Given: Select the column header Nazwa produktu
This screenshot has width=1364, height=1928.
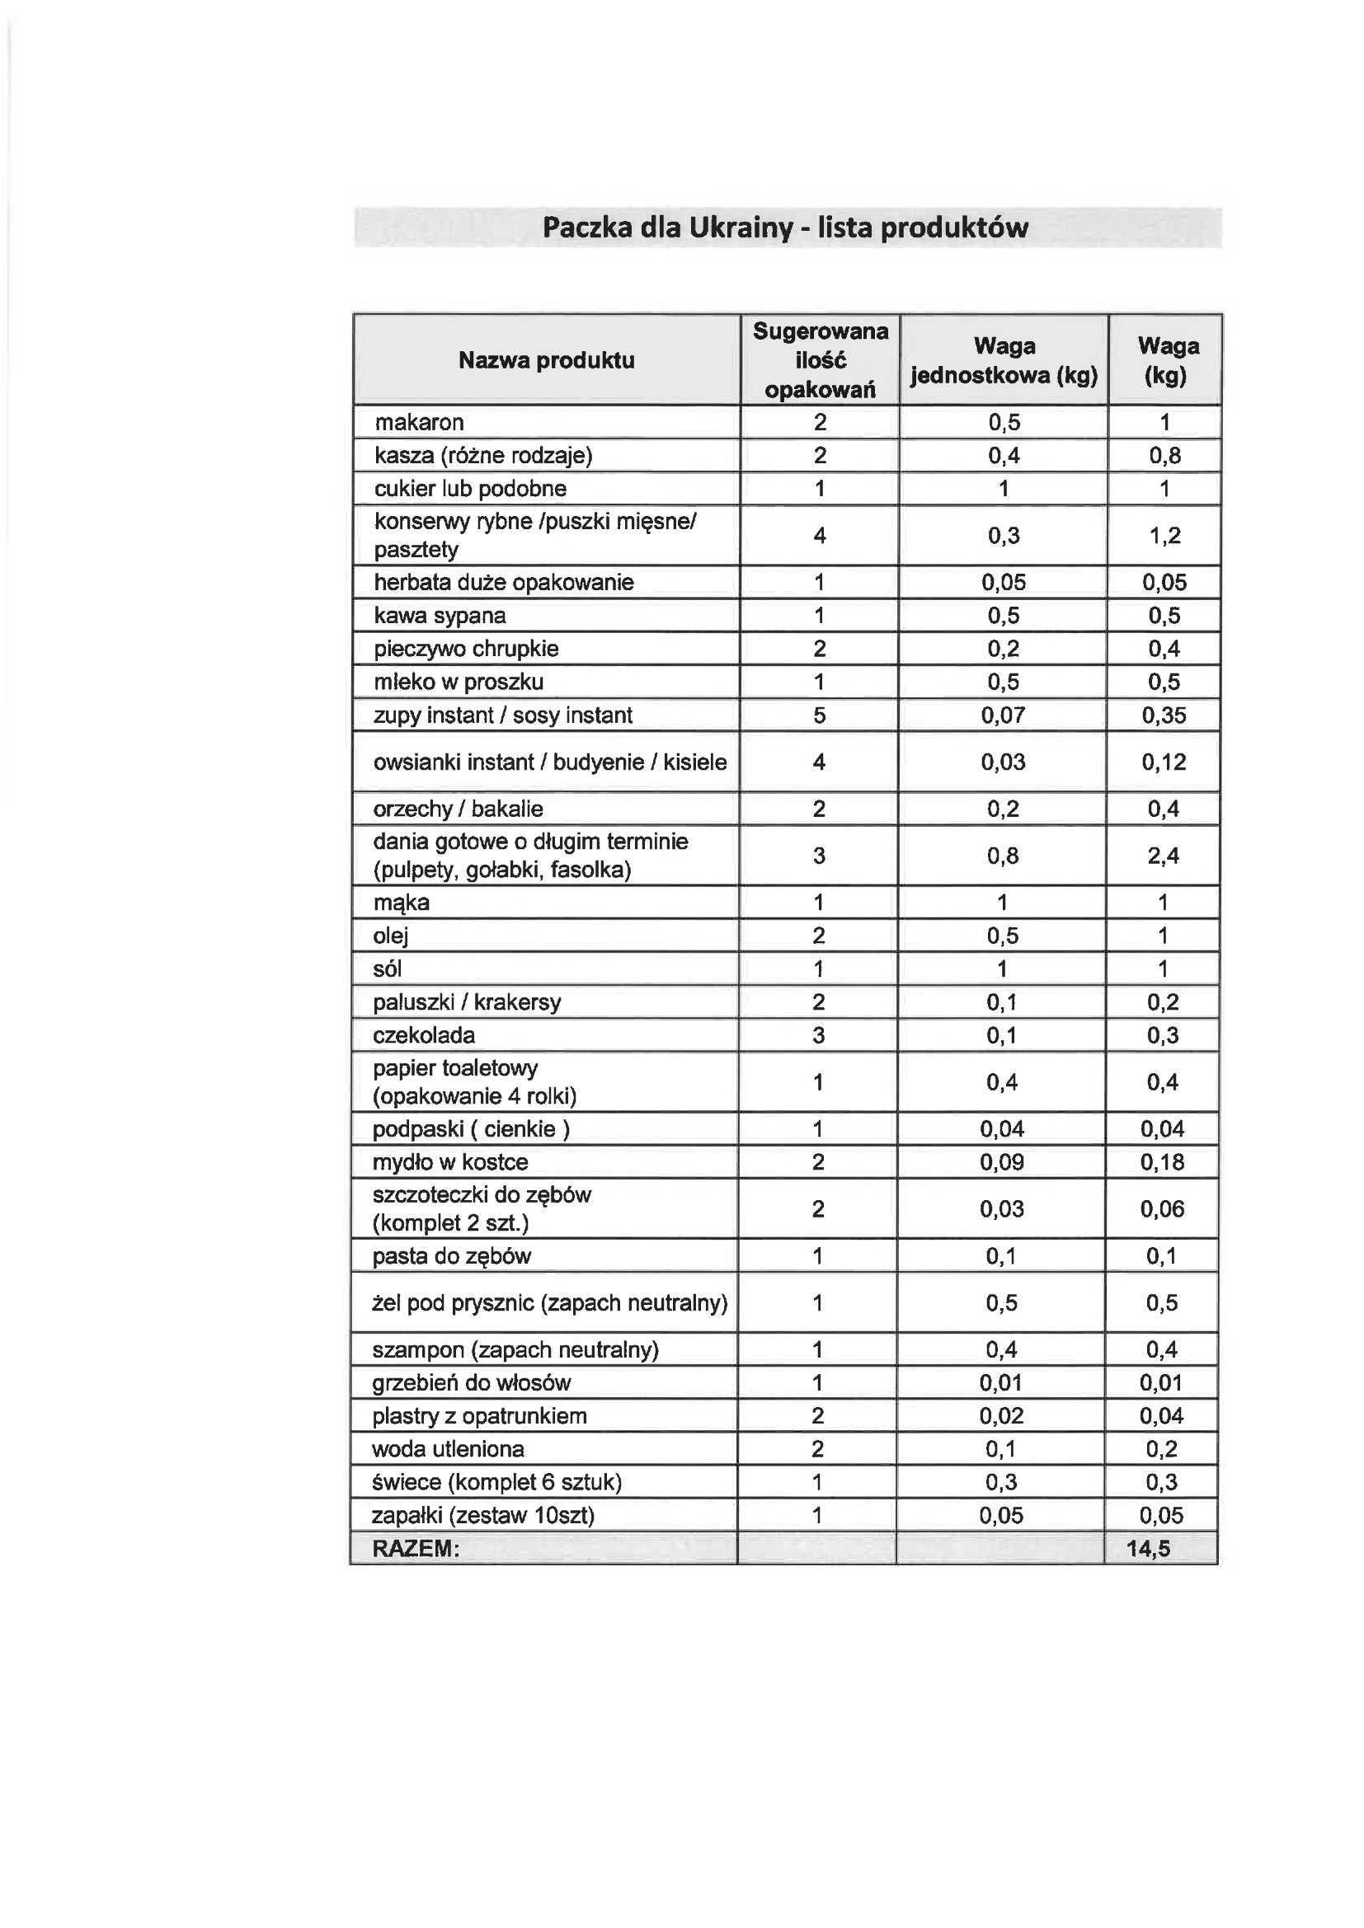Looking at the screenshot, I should [x=546, y=360].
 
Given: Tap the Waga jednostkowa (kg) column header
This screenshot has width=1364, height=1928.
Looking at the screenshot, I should [x=1004, y=360].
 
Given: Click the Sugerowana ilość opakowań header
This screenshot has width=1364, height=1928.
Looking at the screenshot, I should [x=820, y=360].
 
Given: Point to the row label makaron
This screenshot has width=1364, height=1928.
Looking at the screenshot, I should [x=419, y=422].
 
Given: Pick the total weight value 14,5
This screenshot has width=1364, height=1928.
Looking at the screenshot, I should [x=1148, y=1549].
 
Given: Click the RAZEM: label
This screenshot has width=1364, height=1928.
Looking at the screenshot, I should [x=416, y=1549].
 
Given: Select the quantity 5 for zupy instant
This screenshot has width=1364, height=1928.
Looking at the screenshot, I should [x=820, y=715].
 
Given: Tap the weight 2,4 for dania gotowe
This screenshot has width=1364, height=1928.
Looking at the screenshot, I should [x=1164, y=856].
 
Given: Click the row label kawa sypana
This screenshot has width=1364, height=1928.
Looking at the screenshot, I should [x=440, y=616].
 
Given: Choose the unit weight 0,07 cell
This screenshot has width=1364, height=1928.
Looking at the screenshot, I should [x=1004, y=715].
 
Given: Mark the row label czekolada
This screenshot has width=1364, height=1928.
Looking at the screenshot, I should [x=424, y=1035].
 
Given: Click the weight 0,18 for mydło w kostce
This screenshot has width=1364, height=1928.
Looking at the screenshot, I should [x=1163, y=1162].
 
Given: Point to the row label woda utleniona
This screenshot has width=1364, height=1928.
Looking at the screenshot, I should [x=449, y=1448].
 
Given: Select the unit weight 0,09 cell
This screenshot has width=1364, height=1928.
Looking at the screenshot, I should [x=1002, y=1162].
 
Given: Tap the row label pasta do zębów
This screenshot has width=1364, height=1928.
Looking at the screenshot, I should [x=452, y=1256].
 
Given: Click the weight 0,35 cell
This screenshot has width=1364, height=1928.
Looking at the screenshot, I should [x=1164, y=715].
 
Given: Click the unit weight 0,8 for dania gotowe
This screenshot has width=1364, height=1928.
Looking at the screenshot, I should [x=1003, y=856].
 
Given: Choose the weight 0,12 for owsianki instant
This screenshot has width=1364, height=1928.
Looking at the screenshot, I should [x=1164, y=762].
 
